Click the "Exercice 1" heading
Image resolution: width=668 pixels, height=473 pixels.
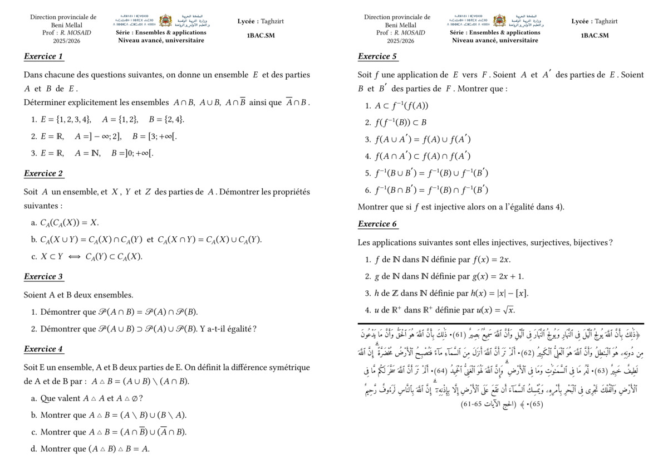coord(44,56)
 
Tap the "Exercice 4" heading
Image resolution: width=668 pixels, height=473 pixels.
coord(44,349)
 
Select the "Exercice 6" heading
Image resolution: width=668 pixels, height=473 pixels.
coord(378,224)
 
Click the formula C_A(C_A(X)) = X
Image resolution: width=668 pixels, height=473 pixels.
coord(69,223)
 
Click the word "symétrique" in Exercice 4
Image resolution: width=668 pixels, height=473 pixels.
coord(287,368)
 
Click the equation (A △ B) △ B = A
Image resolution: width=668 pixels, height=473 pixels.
coord(118,449)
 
